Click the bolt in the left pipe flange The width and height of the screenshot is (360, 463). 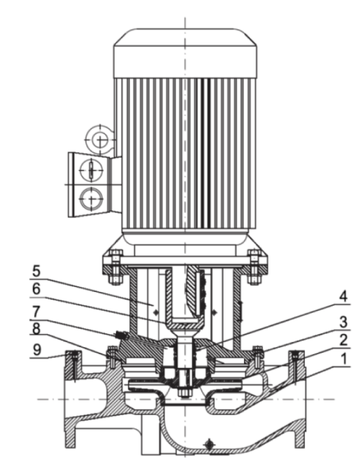pos(73,367)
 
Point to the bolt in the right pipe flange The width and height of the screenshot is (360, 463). pos(295,367)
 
